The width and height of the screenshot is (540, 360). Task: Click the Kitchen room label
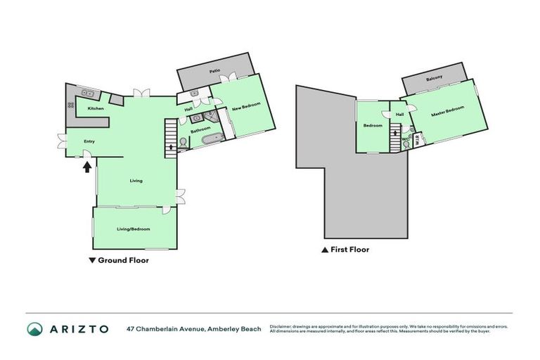(x=96, y=109)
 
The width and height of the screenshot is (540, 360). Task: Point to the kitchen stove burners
(x=71, y=105)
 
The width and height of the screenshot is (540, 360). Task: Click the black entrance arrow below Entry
(x=87, y=167)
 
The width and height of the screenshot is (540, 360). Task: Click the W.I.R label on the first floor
(x=417, y=141)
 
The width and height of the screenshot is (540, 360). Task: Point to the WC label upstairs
(x=405, y=139)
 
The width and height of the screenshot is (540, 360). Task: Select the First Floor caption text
(x=349, y=250)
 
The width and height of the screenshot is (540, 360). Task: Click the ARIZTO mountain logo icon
(x=34, y=329)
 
